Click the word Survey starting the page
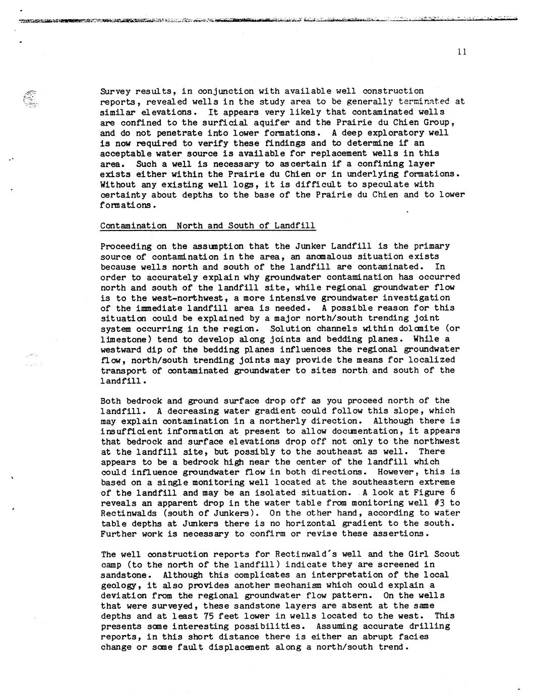[115, 91]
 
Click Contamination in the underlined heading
[133, 225]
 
